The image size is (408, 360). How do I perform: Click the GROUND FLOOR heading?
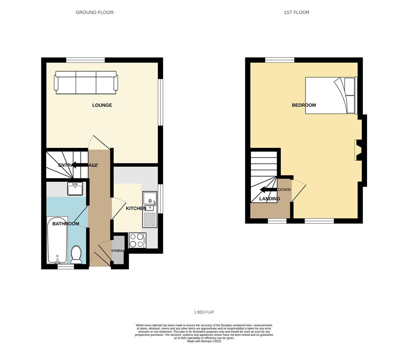pyautogui.click(x=94, y=12)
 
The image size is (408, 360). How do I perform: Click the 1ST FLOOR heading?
pyautogui.click(x=296, y=12)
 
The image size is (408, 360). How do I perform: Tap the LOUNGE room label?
pyautogui.click(x=102, y=105)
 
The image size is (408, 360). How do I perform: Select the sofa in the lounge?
pyautogui.click(x=86, y=82)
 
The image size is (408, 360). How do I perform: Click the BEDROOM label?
pyautogui.click(x=304, y=105)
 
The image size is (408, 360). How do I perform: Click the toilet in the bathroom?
pyautogui.click(x=76, y=255)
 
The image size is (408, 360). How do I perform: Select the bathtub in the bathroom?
pyautogui.click(x=57, y=240)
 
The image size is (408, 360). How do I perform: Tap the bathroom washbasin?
pyautogui.click(x=75, y=189)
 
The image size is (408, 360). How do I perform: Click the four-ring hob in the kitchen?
pyautogui.click(x=137, y=240)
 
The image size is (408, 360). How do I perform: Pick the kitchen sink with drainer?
pyautogui.click(x=150, y=209)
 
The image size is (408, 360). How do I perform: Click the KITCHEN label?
pyautogui.click(x=136, y=208)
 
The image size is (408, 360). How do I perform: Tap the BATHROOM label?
pyautogui.click(x=66, y=224)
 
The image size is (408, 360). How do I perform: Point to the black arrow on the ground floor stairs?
pyautogui.click(x=78, y=165)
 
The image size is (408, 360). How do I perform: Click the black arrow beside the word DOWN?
pyautogui.click(x=268, y=190)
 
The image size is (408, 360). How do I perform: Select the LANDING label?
pyautogui.click(x=270, y=199)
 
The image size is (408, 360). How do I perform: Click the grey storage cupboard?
pyautogui.click(x=118, y=250)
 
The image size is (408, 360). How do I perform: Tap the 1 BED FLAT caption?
pyautogui.click(x=204, y=312)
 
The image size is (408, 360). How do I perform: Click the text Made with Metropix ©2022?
pyautogui.click(x=204, y=341)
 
